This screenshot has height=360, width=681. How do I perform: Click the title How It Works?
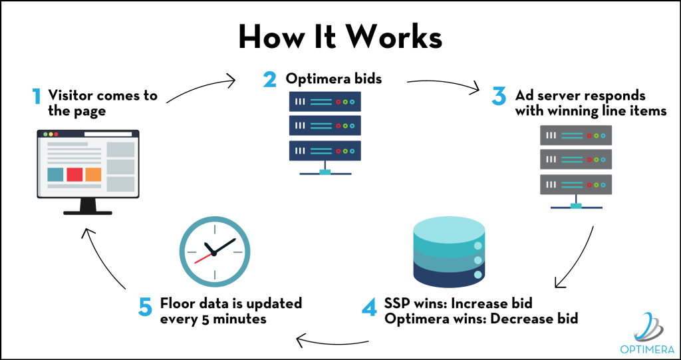pos(340,38)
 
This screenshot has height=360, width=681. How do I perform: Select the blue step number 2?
pos(269,79)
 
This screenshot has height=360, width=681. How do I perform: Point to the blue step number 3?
pos(499,96)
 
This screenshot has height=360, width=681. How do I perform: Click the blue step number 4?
pos(369,307)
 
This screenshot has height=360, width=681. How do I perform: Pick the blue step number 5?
pos(145,307)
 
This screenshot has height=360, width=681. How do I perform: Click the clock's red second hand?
pos(204,258)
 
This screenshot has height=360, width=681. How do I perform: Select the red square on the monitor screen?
pos(74,174)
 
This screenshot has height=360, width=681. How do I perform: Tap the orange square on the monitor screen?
pos(93,174)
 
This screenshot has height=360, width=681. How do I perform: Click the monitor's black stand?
pos(88,207)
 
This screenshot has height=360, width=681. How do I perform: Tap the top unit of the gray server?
pos(576,135)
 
